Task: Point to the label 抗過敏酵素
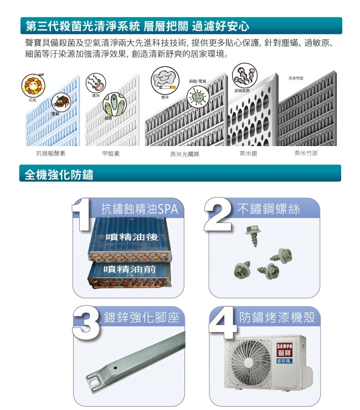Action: (x=51, y=153)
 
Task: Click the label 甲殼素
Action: (x=111, y=153)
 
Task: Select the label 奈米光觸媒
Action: (x=184, y=154)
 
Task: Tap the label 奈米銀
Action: (x=248, y=153)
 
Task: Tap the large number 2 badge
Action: (x=219, y=215)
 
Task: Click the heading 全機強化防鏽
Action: (x=59, y=175)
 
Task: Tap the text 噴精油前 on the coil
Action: (x=129, y=269)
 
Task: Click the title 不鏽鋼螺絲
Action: (x=268, y=209)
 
